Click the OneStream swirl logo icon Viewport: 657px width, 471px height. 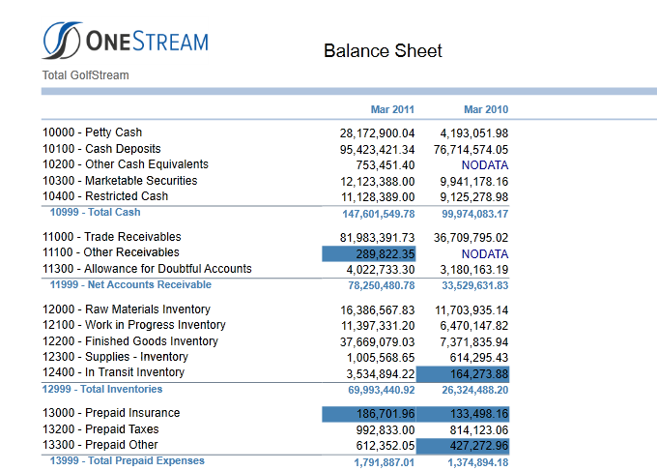click(62, 41)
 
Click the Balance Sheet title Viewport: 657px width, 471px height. click(383, 50)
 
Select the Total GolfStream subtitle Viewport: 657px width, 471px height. click(85, 75)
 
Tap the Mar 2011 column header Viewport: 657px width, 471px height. click(392, 109)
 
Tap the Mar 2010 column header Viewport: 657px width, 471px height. click(486, 109)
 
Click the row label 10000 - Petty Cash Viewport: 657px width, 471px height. click(92, 132)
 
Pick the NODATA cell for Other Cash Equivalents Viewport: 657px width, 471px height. click(485, 165)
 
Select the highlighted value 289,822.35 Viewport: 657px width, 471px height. click(386, 254)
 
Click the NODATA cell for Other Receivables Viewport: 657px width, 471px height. click(485, 254)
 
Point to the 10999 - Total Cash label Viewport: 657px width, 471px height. click(95, 212)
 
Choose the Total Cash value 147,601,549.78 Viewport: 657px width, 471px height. click(379, 214)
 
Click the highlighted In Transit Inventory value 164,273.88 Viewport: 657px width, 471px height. click(479, 374)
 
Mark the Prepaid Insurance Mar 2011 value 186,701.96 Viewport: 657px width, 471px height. click(386, 414)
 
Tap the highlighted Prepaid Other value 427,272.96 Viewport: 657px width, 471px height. click(479, 446)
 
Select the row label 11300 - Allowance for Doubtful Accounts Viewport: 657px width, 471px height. click(147, 269)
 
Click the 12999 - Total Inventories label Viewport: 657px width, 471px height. click(102, 389)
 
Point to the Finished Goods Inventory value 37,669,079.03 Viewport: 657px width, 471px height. click(377, 342)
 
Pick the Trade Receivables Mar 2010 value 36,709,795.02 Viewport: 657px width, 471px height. click(471, 238)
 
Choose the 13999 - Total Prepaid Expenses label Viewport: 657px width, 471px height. click(128, 461)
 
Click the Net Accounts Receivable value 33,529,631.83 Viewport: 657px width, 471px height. click(475, 285)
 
